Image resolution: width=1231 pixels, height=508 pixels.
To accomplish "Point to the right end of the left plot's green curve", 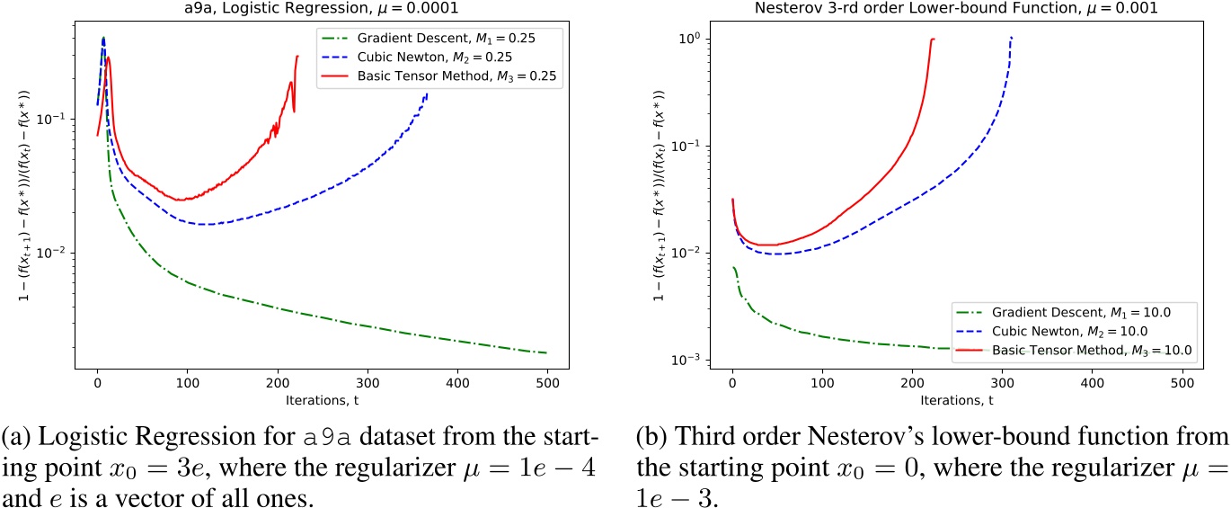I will click(x=545, y=352).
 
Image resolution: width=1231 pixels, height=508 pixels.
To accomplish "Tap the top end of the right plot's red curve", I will click(x=934, y=39).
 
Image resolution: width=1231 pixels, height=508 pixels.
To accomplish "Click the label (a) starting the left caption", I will click(x=14, y=424).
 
